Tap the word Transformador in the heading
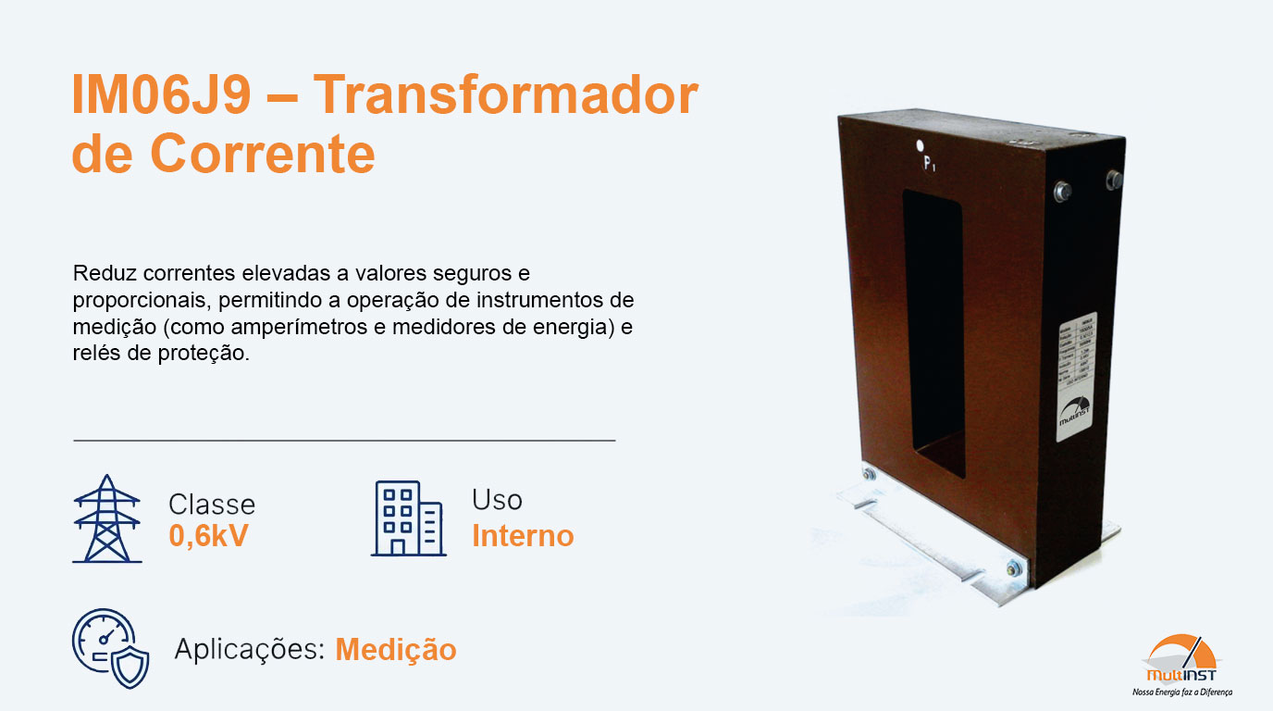click(x=505, y=96)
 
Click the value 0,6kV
click(x=208, y=536)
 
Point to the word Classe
click(x=212, y=505)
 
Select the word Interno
click(x=523, y=536)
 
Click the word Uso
click(x=497, y=500)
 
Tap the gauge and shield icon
click(x=110, y=648)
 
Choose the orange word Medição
click(x=396, y=650)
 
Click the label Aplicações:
click(x=249, y=650)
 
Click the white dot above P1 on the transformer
click(x=921, y=145)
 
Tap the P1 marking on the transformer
click(x=930, y=165)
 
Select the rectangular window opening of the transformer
click(x=933, y=333)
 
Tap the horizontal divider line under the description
click(x=343, y=441)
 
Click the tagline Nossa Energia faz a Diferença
click(x=1181, y=692)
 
